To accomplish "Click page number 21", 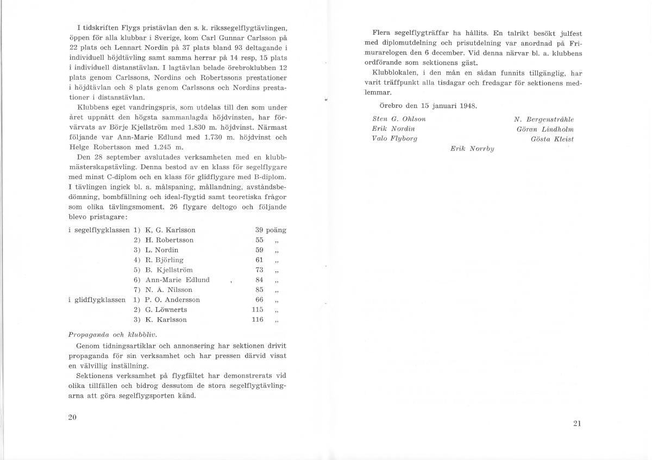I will (577, 424).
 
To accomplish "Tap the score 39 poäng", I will (270, 230).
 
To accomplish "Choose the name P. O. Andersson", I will (173, 299).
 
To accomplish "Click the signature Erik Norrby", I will (472, 149).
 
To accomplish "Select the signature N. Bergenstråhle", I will (543, 119).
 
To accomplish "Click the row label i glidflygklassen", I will (99, 299).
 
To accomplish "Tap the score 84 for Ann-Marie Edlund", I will (259, 280).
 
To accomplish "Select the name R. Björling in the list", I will (165, 260).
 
